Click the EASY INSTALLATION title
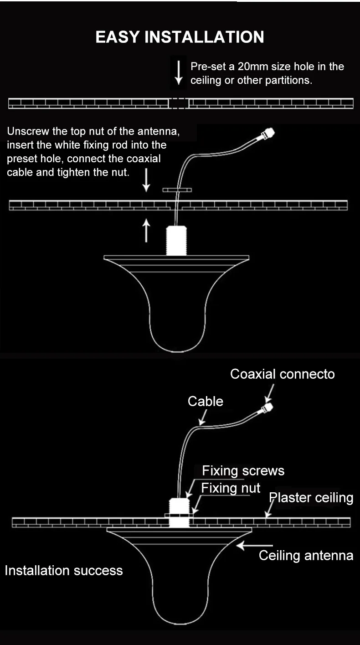[180, 37]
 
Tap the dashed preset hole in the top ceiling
[179, 103]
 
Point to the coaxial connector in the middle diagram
[267, 134]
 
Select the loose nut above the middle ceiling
[177, 190]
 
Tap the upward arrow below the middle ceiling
[146, 230]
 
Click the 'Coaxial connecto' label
[282, 374]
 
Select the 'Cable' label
[206, 401]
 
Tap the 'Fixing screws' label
[243, 471]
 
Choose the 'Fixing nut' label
[231, 488]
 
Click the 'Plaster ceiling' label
[311, 497]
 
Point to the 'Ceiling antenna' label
[306, 555]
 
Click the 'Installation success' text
[64, 570]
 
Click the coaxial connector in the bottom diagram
[267, 407]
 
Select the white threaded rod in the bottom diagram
[180, 512]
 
